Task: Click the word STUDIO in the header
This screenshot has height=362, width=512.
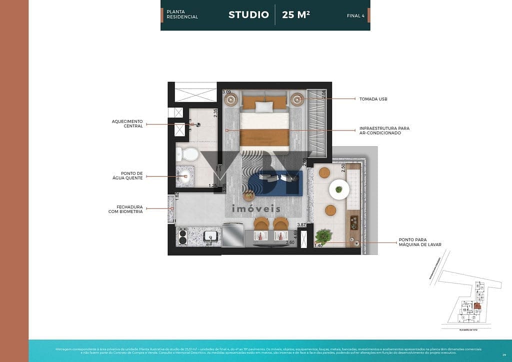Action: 248,14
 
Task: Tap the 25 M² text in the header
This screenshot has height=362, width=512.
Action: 296,14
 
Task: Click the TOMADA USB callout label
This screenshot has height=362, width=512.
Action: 373,99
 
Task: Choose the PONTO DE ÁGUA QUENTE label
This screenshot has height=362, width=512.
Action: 131,175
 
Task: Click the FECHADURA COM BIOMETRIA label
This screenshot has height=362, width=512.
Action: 126,209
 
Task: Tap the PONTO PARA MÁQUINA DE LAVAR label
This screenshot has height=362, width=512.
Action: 420,242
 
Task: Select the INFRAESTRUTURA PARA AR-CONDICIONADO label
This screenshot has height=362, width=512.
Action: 384,130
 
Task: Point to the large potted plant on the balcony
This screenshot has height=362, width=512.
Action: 323,234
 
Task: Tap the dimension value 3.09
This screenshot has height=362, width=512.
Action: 226,92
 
